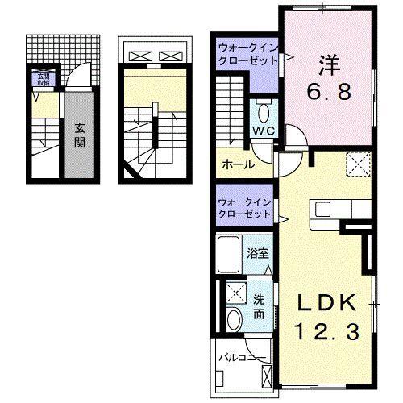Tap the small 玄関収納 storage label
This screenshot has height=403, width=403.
[x=41, y=79]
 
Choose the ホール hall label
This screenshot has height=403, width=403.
[x=239, y=165]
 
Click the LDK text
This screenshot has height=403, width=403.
[x=326, y=303]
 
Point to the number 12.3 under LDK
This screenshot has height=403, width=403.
[x=326, y=330]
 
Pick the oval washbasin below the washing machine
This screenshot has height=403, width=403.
[x=234, y=320]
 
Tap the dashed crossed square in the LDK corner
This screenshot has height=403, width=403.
[x=357, y=164]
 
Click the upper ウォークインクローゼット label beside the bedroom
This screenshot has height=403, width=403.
[x=247, y=56]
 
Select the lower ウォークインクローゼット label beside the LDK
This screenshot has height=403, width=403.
[x=245, y=208]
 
